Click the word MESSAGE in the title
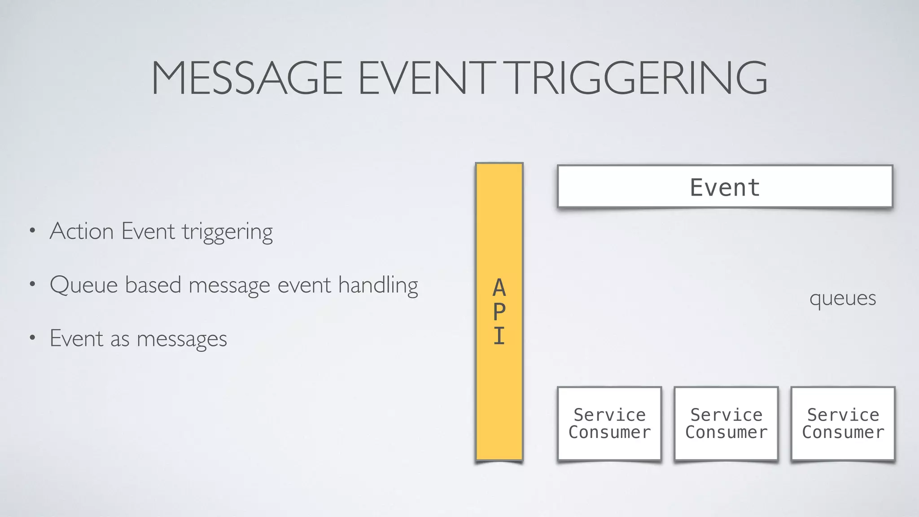pos(247,78)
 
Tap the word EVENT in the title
pos(424,78)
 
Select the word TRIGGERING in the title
pos(638,78)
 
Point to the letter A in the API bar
pos(499,288)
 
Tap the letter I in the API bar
pos(499,336)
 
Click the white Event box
pos(725,187)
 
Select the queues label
pos(842,298)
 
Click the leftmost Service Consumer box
pos(609,423)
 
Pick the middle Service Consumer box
pos(726,423)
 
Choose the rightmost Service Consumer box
pos(843,423)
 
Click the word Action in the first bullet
pos(82,232)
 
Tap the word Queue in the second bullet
pos(84,285)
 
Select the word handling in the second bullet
pos(378,285)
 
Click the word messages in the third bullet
pos(182,339)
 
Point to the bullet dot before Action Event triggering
pos(32,232)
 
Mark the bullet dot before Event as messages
pos(32,339)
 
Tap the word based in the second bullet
pos(153,285)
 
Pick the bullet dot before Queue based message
pos(32,285)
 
